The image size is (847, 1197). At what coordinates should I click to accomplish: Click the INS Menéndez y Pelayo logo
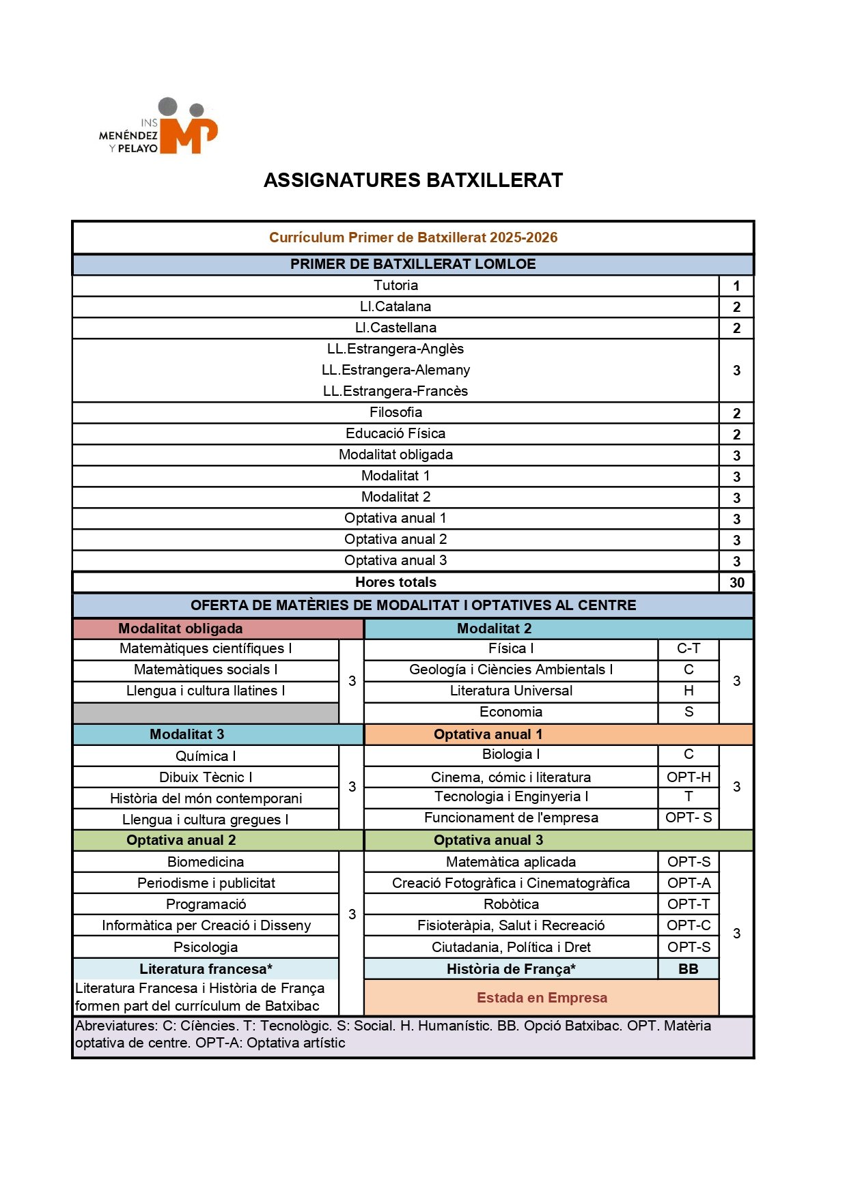[x=159, y=127]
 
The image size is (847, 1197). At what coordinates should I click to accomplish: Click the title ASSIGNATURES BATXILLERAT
[x=413, y=180]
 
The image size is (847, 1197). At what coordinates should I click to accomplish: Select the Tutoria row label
[x=395, y=285]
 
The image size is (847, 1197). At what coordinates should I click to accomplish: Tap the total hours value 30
[x=736, y=582]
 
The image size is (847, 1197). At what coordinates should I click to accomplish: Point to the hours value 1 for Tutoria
[x=736, y=286]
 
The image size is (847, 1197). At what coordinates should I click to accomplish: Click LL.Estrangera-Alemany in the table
[x=395, y=370]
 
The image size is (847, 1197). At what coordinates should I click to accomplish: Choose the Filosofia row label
[x=395, y=412]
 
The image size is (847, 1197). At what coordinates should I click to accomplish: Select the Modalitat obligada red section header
[x=180, y=629]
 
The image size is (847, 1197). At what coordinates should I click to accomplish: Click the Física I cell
[x=511, y=648]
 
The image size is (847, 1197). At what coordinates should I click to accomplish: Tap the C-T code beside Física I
[x=689, y=648]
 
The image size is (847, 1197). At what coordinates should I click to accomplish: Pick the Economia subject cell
[x=511, y=712]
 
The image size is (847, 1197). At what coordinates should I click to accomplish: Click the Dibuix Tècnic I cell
[x=206, y=777]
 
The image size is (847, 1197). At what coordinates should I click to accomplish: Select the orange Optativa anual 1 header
[x=488, y=734]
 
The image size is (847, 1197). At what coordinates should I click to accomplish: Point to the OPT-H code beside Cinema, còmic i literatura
[x=689, y=777]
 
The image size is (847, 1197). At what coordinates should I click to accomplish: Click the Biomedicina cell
[x=206, y=862]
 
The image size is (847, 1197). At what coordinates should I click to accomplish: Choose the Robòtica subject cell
[x=511, y=904]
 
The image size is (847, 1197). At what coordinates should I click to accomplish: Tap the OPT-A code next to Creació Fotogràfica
[x=689, y=883]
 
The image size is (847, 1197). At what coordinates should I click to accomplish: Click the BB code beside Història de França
[x=689, y=969]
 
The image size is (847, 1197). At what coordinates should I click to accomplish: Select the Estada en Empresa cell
[x=542, y=998]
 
